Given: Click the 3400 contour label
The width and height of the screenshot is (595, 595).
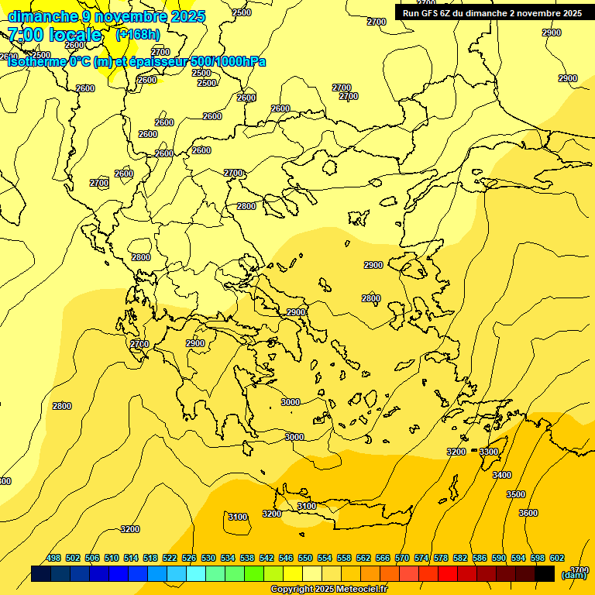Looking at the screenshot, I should pos(502,475).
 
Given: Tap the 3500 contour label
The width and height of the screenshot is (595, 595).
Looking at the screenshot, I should pos(515,494).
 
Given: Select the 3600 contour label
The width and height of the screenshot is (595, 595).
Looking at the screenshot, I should pos(528,513).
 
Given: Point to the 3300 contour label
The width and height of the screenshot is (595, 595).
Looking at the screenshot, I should pos(489,452).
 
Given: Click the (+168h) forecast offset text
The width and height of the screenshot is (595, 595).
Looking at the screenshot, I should pos(137,34).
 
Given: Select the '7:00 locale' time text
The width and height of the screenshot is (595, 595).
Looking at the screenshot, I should pos(54,34).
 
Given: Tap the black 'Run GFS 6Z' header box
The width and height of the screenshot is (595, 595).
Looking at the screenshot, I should pos(492,12).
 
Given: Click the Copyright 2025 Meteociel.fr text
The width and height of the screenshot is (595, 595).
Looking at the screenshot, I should pos(328,589).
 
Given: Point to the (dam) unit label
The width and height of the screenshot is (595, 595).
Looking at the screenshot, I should pos(573,574).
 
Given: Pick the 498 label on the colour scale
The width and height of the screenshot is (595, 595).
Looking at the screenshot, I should pos(53,558).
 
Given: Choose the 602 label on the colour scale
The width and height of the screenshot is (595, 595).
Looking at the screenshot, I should pos(557,558).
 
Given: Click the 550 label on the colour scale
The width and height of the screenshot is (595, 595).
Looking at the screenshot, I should pos(305,558).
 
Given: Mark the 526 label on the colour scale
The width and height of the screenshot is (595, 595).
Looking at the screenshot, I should pos(189,558).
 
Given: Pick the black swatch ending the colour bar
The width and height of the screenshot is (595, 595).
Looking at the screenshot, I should pos(545,573).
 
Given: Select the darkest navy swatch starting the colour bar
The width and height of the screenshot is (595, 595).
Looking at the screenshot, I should pos(41,573).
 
